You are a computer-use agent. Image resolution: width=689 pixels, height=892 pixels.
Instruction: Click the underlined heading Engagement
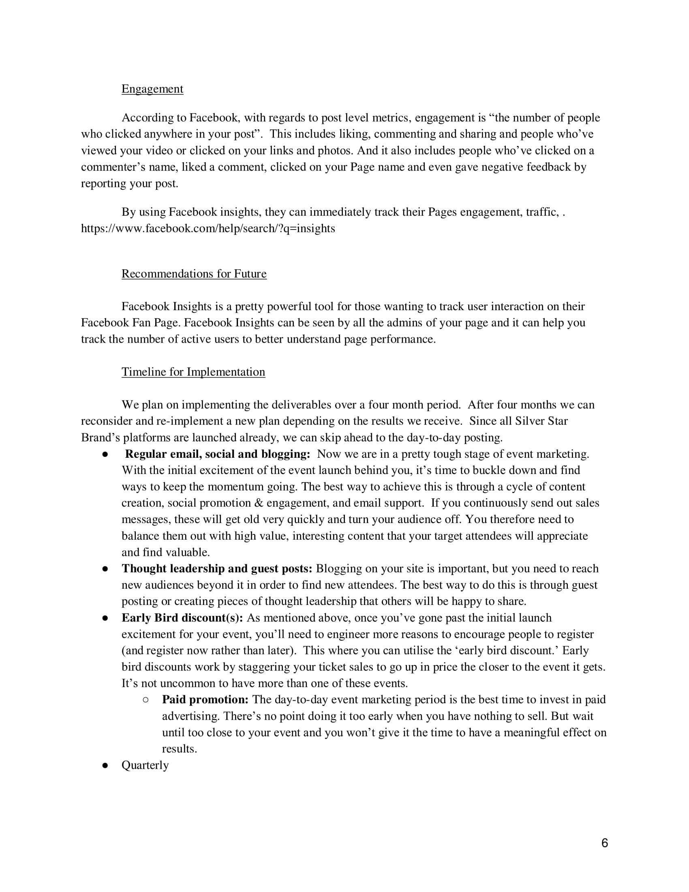[x=152, y=89]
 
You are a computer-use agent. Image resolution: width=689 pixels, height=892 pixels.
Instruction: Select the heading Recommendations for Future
[x=194, y=274]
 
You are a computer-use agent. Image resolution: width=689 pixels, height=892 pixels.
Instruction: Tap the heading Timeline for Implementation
[x=193, y=372]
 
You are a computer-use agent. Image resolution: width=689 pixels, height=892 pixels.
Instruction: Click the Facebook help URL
[x=208, y=228]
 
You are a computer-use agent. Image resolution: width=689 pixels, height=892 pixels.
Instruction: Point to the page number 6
[x=605, y=843]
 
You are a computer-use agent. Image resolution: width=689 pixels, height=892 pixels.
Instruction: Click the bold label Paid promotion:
[x=205, y=700]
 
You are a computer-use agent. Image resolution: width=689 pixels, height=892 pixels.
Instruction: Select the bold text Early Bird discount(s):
[x=182, y=618]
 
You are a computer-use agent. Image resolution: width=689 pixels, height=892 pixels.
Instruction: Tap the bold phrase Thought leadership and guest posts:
[x=217, y=568]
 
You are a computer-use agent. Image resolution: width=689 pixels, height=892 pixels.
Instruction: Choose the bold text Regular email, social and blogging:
[x=218, y=454]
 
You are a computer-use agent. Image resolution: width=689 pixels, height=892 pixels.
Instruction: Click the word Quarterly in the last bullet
[x=145, y=765]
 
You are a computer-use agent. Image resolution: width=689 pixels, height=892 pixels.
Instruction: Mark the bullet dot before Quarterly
[x=105, y=765]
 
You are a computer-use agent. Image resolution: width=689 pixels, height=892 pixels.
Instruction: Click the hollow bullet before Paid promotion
[x=146, y=700]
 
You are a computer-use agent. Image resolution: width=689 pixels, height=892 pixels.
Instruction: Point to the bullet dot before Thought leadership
[x=105, y=569]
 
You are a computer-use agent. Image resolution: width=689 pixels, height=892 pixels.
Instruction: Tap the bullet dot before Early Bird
[x=105, y=618]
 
